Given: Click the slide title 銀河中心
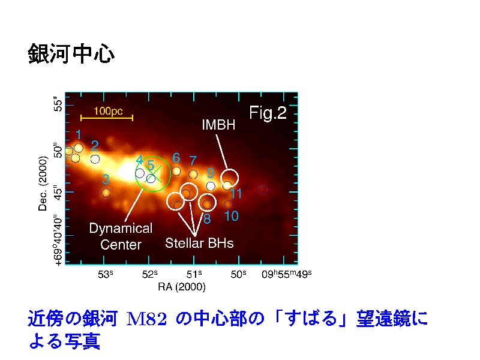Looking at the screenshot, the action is click(71, 53).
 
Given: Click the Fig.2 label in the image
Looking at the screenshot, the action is click(268, 113).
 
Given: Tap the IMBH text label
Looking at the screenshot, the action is click(218, 125).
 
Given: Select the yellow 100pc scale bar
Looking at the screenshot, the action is click(107, 118).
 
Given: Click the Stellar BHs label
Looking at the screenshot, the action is click(199, 243).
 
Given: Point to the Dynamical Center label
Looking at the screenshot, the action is click(121, 236).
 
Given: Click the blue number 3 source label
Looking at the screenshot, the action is click(106, 179).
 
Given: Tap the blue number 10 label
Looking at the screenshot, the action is click(232, 216).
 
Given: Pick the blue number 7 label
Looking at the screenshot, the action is click(193, 160).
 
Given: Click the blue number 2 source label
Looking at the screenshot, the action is click(95, 146).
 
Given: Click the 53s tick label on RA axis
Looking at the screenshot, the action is click(106, 274).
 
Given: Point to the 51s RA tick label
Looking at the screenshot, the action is click(194, 274).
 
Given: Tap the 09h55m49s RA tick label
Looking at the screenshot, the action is click(287, 274).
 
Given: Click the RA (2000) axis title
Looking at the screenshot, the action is click(182, 287).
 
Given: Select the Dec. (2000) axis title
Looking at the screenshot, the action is click(43, 184).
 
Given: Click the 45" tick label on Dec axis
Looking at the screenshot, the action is click(57, 192).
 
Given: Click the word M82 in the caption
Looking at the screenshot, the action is click(146, 319).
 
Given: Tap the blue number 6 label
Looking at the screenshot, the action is click(176, 158).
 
